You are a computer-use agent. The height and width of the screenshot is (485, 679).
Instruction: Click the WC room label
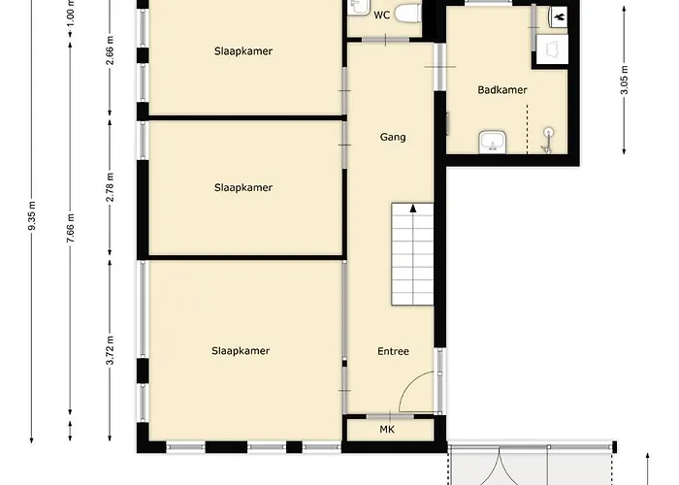(x=381, y=15)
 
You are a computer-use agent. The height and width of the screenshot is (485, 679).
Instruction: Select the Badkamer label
(x=502, y=89)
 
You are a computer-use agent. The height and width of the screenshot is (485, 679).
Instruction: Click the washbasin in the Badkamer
(x=490, y=144)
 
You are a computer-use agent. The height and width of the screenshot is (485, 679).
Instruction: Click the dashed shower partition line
(x=528, y=125)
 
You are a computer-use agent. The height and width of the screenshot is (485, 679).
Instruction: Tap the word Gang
(x=393, y=137)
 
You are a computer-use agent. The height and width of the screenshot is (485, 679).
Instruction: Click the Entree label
(x=393, y=351)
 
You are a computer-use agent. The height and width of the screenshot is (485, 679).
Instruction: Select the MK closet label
(x=387, y=429)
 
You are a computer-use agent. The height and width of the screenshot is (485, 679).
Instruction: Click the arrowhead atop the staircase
(x=414, y=208)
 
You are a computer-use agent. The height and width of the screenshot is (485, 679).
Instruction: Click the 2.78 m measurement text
(x=112, y=186)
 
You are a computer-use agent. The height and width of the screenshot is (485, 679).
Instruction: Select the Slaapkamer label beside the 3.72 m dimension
(x=240, y=351)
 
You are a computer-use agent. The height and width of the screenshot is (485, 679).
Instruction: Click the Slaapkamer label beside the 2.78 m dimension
(x=243, y=187)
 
